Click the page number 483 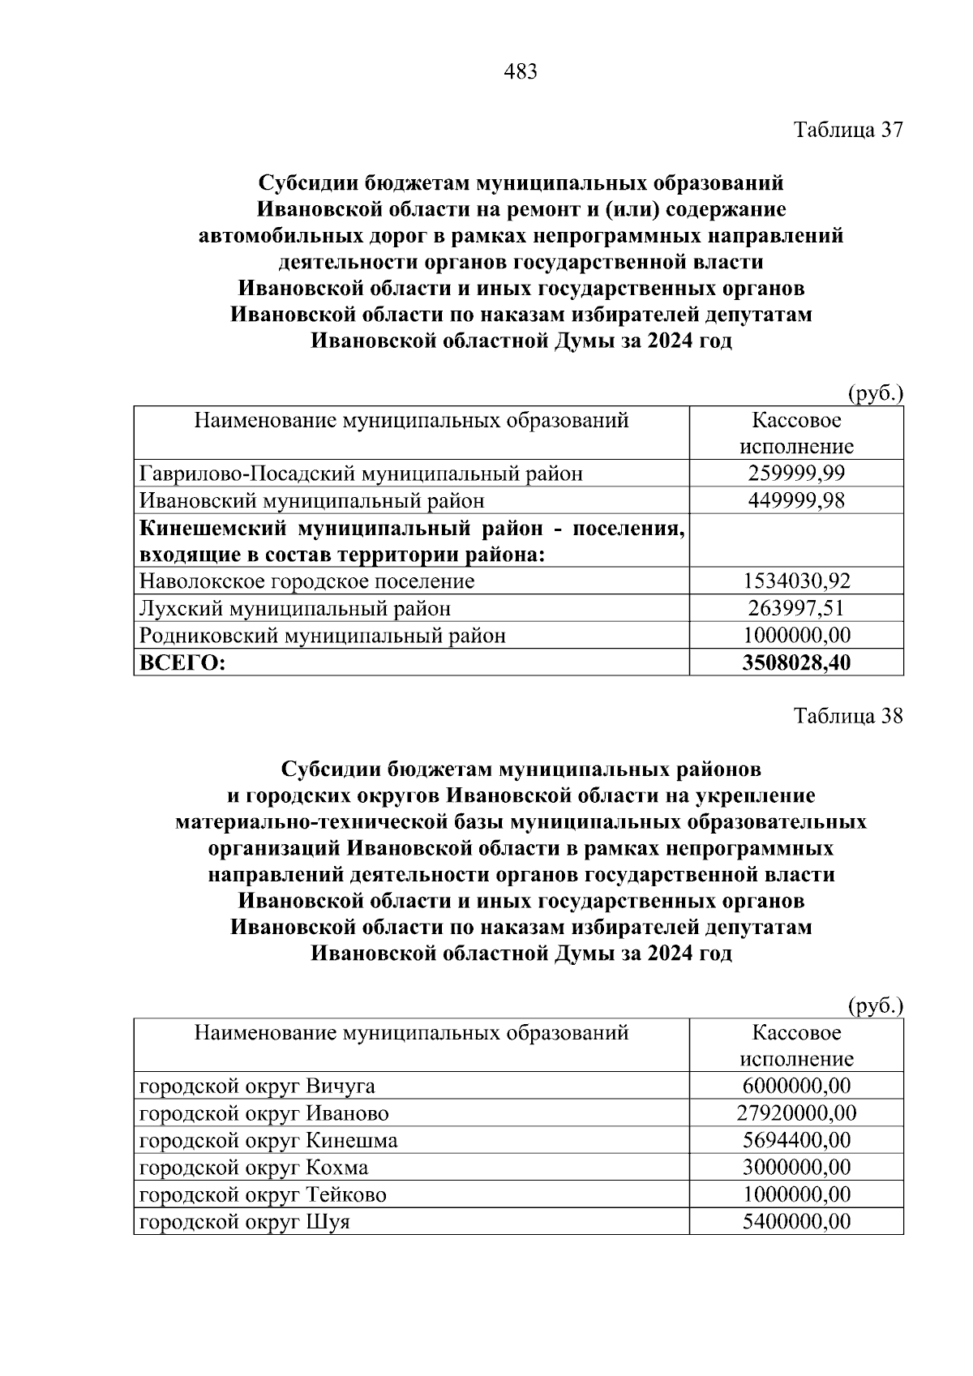(x=520, y=72)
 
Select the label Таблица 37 (x=847, y=131)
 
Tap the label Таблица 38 (x=847, y=717)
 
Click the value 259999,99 (x=796, y=474)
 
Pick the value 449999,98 (x=796, y=500)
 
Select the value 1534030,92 (x=796, y=581)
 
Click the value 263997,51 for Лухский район (x=796, y=608)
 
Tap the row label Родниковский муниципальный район (x=322, y=635)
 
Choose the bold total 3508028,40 (x=796, y=662)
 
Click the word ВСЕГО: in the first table (x=182, y=662)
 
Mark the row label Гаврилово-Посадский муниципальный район (x=361, y=474)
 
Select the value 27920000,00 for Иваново (x=796, y=1113)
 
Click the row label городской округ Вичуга (x=257, y=1087)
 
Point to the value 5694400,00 (x=796, y=1141)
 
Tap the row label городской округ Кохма (x=253, y=1168)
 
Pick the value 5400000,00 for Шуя (x=796, y=1222)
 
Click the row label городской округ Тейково (x=263, y=1194)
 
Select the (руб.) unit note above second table (x=875, y=1006)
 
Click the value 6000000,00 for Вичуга (x=796, y=1087)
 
